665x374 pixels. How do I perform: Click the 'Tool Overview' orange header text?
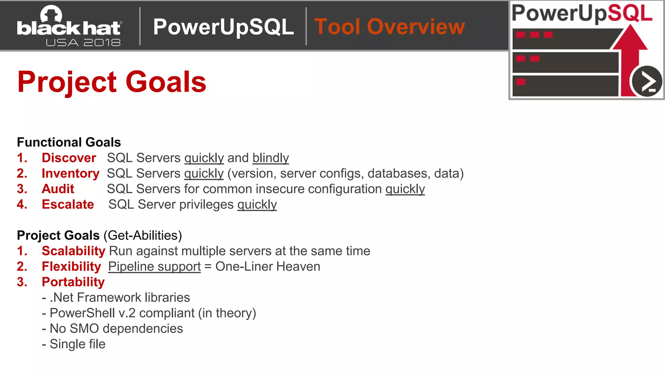(389, 27)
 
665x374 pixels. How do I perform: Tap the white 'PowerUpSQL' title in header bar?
(223, 27)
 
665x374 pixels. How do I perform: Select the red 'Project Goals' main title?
(112, 82)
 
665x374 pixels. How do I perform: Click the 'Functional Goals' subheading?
(69, 142)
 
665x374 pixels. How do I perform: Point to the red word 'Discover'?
(69, 158)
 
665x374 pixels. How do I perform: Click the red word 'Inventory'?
(70, 173)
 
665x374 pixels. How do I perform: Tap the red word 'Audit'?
(58, 189)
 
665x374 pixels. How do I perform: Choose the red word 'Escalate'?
(68, 205)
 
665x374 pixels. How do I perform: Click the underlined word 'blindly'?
(270, 158)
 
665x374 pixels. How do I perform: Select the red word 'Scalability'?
(73, 251)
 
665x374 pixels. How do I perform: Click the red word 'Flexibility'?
(71, 267)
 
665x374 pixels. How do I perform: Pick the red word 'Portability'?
(73, 282)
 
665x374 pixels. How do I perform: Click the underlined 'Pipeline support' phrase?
(154, 267)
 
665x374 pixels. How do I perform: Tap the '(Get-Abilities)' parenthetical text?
(143, 235)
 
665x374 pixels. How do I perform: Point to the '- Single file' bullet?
(74, 344)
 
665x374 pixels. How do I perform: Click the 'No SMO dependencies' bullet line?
(113, 329)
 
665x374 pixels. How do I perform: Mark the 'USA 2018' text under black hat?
(83, 43)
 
